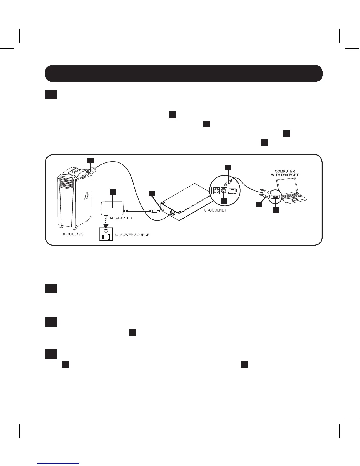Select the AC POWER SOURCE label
pos(132,235)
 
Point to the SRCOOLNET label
pos(215,210)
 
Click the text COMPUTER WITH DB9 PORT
pos(285,173)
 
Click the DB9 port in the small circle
pos(275,197)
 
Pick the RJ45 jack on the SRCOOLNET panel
pos(233,190)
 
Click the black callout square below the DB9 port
pos(275,210)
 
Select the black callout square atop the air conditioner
pos(91,160)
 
